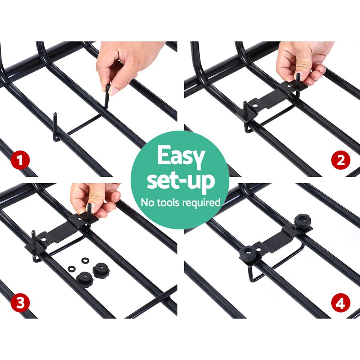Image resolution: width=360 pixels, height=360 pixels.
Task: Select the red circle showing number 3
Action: coord(20,303)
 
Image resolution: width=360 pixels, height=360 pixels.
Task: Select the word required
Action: coord(201,202)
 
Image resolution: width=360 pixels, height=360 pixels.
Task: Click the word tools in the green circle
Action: coord(168,202)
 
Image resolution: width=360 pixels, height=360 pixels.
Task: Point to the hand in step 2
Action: coord(301,61)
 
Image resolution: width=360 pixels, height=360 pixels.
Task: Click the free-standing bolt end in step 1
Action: coord(55,124)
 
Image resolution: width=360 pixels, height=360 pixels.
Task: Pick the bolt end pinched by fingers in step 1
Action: coord(107,95)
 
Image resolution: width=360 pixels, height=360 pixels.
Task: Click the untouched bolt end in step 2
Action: coord(246,108)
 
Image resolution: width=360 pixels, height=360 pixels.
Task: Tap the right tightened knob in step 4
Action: coord(302,220)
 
